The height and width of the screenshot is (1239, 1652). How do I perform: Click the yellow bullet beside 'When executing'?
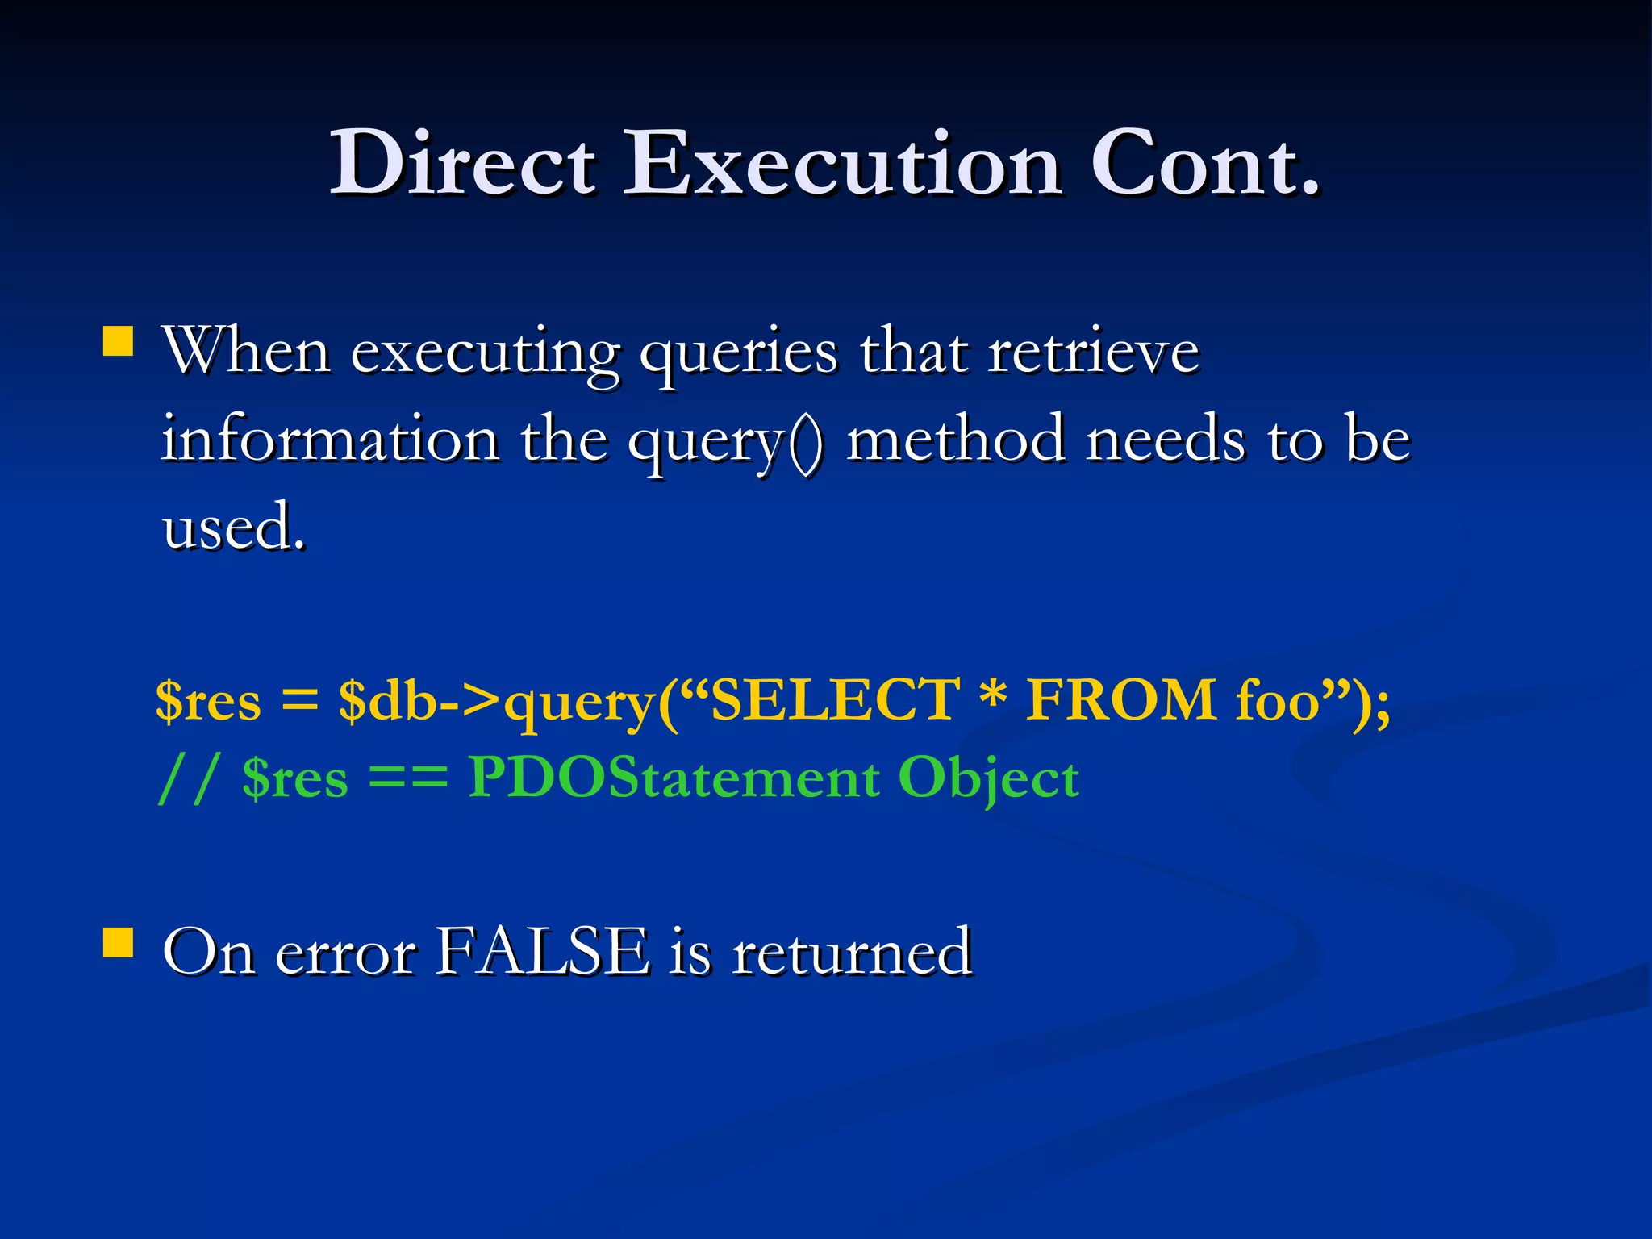pos(119,341)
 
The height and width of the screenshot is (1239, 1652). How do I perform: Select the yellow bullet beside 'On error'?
pos(119,941)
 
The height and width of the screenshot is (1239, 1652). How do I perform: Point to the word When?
pos(247,352)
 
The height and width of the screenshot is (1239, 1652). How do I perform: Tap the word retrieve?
pos(1094,352)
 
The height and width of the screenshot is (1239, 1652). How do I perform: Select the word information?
pos(330,440)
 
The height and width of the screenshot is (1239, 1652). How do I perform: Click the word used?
pos(234,528)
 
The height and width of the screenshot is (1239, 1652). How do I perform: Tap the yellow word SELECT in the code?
pos(836,700)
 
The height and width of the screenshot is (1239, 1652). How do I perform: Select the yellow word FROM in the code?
pos(1121,700)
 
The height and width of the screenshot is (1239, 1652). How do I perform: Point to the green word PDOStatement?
pos(674,778)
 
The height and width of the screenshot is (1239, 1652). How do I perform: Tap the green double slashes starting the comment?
pos(188,779)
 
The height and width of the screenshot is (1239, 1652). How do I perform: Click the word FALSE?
pos(543,952)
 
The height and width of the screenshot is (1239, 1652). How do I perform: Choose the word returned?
pos(852,952)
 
